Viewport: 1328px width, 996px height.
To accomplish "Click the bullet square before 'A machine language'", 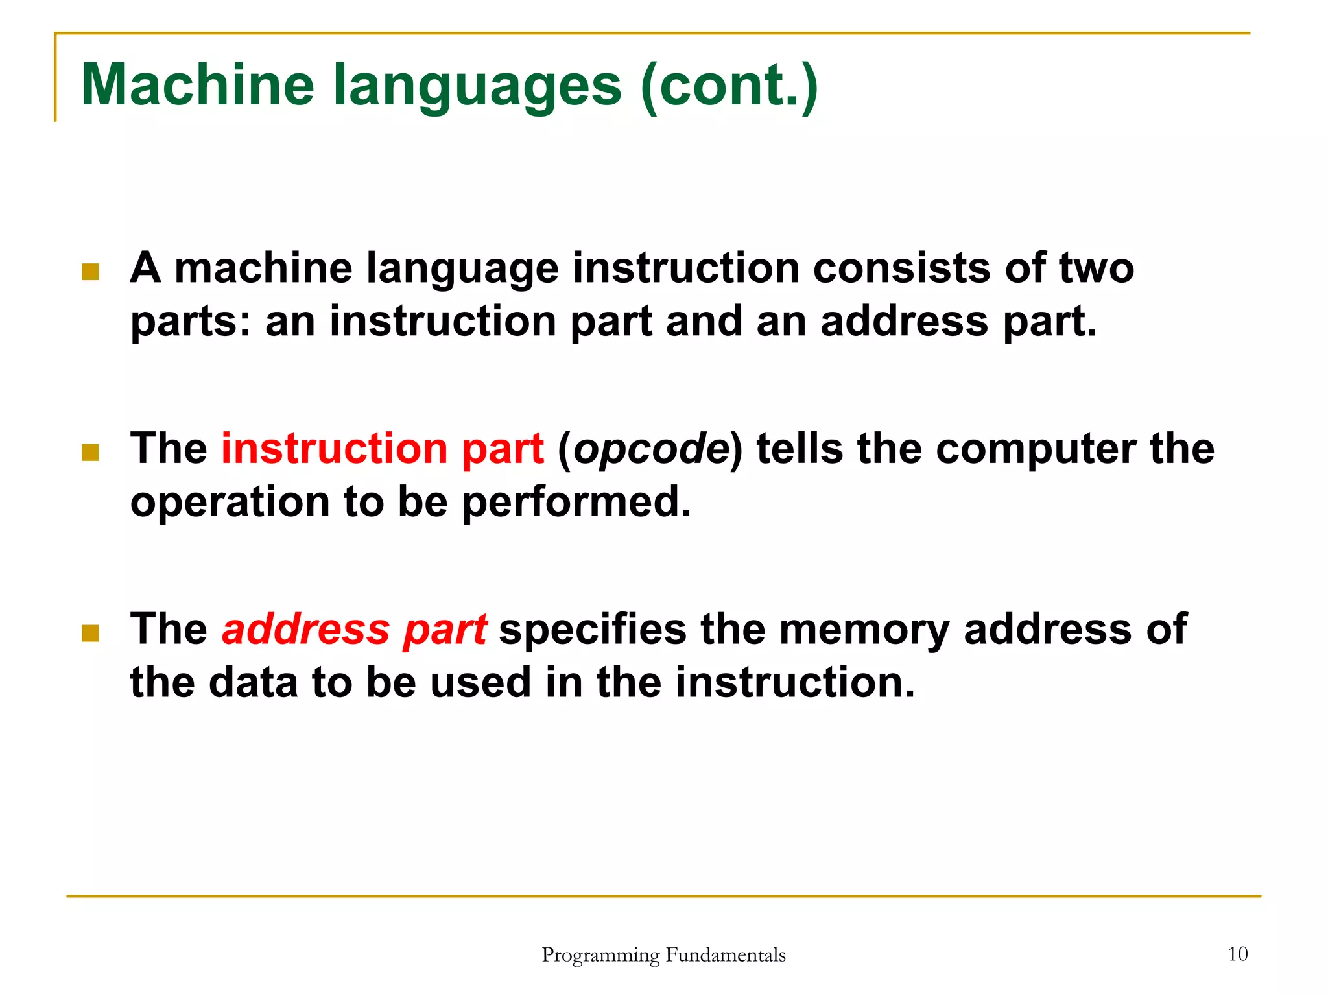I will point(90,271).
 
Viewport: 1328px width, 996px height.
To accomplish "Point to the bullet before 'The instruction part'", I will point(90,452).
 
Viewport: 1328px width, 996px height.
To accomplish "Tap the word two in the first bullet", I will point(1096,268).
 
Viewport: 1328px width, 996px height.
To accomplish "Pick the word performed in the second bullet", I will point(576,503).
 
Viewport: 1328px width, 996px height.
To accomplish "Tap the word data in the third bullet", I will point(253,683).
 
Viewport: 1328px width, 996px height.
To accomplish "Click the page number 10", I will point(1237,954).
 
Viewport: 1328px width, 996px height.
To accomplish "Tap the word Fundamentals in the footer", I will point(726,955).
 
